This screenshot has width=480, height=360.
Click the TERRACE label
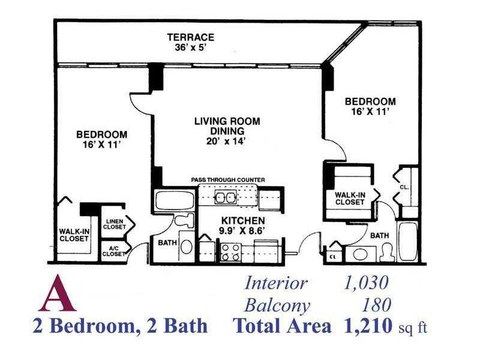click(190, 37)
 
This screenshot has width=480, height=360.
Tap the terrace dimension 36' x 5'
click(191, 48)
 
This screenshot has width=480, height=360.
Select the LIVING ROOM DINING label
click(227, 126)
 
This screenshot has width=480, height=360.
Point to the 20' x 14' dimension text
click(226, 141)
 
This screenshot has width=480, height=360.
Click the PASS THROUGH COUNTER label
click(228, 179)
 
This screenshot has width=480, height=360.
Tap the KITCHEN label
click(243, 220)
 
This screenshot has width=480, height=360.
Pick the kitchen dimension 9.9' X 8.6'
click(242, 230)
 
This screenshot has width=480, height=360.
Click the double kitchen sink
click(226, 197)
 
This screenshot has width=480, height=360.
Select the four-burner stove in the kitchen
click(230, 253)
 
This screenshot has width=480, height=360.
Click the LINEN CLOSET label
click(114, 224)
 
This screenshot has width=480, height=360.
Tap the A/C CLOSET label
click(113, 251)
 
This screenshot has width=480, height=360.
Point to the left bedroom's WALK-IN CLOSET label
click(74, 235)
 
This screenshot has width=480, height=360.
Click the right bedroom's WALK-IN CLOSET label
click(350, 199)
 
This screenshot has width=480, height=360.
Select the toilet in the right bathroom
click(387, 252)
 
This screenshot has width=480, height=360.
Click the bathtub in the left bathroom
click(175, 201)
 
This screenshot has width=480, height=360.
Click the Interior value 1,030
click(366, 283)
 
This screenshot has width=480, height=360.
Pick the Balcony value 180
click(376, 305)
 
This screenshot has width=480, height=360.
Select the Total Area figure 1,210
click(368, 326)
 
